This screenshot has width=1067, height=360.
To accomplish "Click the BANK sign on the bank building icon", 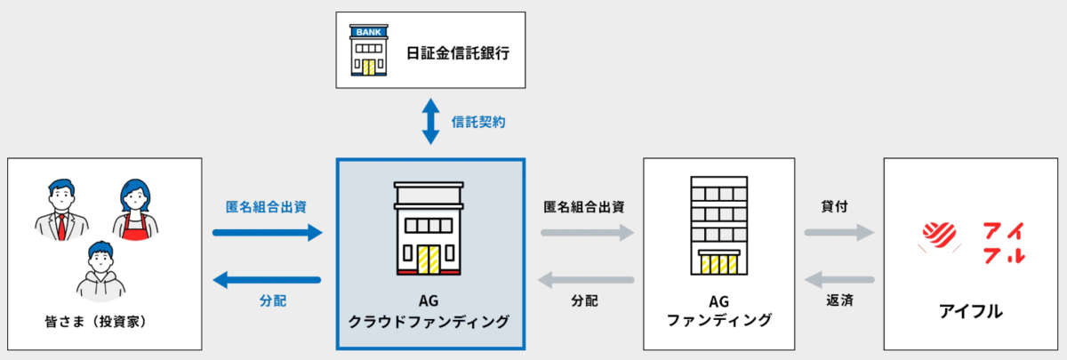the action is tap(369, 32).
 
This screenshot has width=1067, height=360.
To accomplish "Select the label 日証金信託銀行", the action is tap(458, 52).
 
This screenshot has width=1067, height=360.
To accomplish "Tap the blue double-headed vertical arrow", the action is tap(430, 122).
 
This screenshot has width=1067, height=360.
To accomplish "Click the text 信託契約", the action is tap(478, 123).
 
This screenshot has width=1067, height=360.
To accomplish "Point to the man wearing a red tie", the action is tap(61, 210).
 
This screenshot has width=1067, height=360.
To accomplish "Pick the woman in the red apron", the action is tap(135, 210).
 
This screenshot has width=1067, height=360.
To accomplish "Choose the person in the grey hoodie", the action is tap(101, 271).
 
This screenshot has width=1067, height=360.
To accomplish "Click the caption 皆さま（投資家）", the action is tap(96, 322).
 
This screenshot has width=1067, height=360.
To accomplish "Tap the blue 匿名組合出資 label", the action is tap(266, 207).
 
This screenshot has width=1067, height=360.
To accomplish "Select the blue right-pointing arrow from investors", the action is tap(268, 233).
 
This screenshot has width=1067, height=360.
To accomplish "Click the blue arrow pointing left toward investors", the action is tap(267, 280).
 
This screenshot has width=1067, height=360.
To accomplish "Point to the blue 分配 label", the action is tap(273, 301).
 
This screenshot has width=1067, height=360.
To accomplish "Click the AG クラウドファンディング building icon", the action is tap(429, 228).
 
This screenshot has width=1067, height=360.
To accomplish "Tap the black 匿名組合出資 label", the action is tap(584, 207).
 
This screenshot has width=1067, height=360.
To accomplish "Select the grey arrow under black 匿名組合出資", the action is tap(588, 233).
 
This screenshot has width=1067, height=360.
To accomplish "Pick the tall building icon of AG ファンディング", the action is tap(719, 226).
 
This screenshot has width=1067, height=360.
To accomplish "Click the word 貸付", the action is tap(835, 206).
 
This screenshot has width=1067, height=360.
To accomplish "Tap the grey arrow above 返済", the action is tap(839, 280).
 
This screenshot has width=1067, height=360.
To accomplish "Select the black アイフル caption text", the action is tap(971, 311).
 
